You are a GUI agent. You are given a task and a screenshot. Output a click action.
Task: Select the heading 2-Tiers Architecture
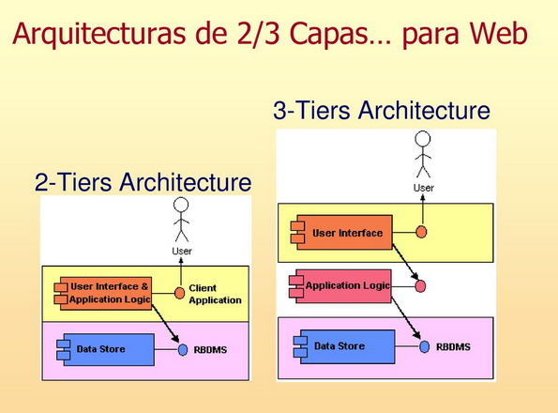(143, 182)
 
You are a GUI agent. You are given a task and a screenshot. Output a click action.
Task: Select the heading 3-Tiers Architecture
(381, 112)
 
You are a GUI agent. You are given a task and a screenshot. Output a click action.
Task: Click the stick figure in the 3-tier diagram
(423, 154)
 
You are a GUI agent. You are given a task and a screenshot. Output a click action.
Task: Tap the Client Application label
(215, 294)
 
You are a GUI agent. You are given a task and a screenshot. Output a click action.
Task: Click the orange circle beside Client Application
(180, 292)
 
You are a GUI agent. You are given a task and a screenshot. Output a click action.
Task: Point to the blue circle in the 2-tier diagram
(184, 350)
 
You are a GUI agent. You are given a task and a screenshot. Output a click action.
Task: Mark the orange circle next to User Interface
(422, 232)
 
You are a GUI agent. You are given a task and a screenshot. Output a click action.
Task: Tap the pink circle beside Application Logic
(420, 285)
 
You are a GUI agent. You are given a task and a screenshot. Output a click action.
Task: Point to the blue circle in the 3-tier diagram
(424, 346)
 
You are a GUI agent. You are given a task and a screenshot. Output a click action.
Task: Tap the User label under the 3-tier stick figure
(424, 188)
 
